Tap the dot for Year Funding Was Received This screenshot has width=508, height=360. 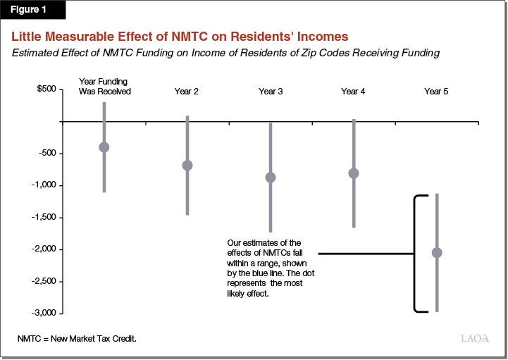point(104,147)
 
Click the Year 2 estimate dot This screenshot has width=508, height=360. point(187,166)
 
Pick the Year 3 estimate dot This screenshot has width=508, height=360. point(271,178)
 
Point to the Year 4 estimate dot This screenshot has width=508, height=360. point(354,173)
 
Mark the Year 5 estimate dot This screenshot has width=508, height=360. point(437,252)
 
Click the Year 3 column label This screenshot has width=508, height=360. point(271,92)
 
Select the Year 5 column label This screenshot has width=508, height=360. point(436,92)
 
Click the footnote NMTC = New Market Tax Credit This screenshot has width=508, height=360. point(77,339)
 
